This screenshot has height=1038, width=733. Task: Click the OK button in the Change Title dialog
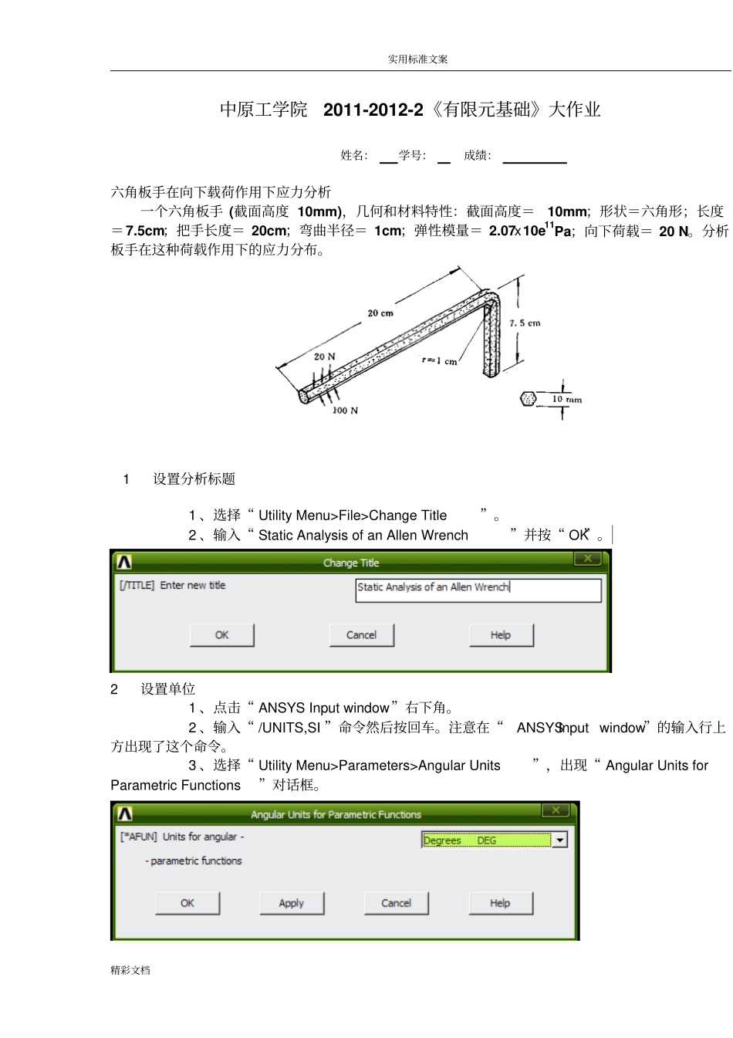click(x=222, y=635)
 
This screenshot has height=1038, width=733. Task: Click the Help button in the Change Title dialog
click(x=501, y=635)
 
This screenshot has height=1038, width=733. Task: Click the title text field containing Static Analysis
click(x=478, y=588)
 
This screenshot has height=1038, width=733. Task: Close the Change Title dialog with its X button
click(x=588, y=559)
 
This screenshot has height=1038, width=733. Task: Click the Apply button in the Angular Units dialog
click(x=292, y=903)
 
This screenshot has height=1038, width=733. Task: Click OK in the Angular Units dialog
click(x=187, y=903)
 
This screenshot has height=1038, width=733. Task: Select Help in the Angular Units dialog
click(x=500, y=903)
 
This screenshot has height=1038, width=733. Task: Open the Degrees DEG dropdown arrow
click(x=560, y=840)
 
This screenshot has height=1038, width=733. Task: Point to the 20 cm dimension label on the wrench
click(x=380, y=313)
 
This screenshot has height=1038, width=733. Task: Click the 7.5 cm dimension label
click(x=525, y=323)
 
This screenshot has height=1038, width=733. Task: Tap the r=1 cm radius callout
click(x=439, y=360)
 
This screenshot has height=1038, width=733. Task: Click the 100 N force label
click(x=345, y=411)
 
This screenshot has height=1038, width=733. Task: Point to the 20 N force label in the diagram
click(x=324, y=357)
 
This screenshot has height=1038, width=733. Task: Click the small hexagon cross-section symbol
click(x=528, y=399)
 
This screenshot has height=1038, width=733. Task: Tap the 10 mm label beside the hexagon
click(x=566, y=399)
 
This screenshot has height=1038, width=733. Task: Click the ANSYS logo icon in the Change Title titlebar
click(x=124, y=562)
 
